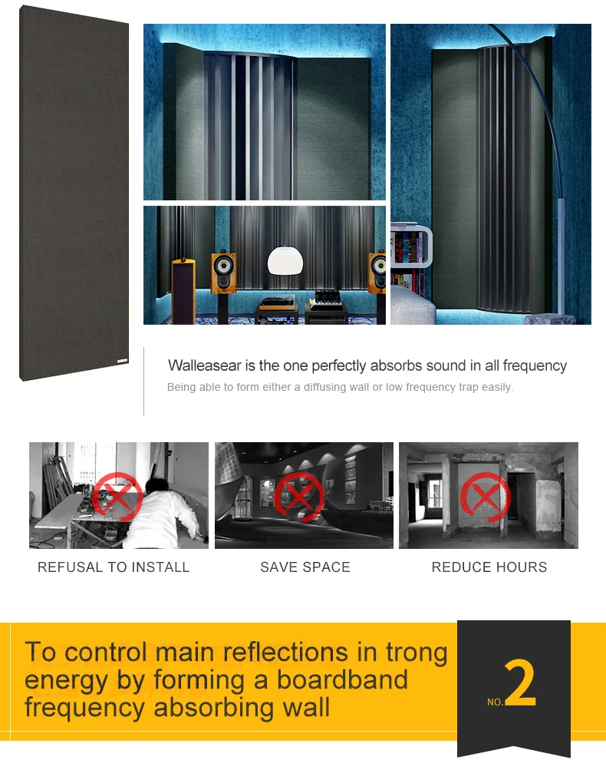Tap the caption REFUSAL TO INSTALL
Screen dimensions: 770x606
pos(114,567)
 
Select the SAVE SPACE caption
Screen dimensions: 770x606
pos(305,567)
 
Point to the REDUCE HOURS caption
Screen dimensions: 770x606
pos(489,567)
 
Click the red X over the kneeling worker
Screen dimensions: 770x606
pos(117,496)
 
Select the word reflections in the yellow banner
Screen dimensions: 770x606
pos(283,653)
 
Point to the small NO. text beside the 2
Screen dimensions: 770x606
pos(496,702)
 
